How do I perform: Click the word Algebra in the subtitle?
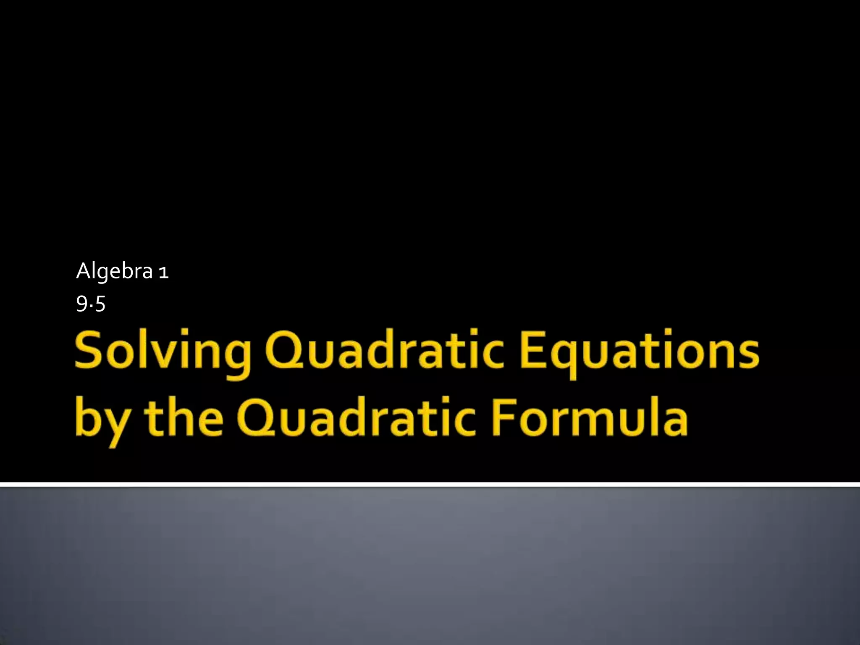114,272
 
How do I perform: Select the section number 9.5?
90,304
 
